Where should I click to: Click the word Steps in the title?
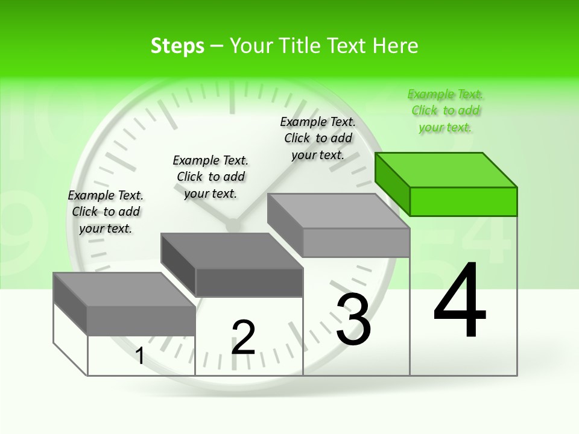[177, 46]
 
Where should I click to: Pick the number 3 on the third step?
[353, 319]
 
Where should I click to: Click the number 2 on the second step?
[243, 338]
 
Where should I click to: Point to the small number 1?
[140, 356]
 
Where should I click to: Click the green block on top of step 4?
[446, 184]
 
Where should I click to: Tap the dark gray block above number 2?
[232, 265]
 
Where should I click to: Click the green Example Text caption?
[446, 110]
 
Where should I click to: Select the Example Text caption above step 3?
[318, 138]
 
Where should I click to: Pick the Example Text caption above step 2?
[210, 177]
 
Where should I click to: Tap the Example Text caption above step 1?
[106, 212]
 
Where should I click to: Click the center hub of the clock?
[232, 224]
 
